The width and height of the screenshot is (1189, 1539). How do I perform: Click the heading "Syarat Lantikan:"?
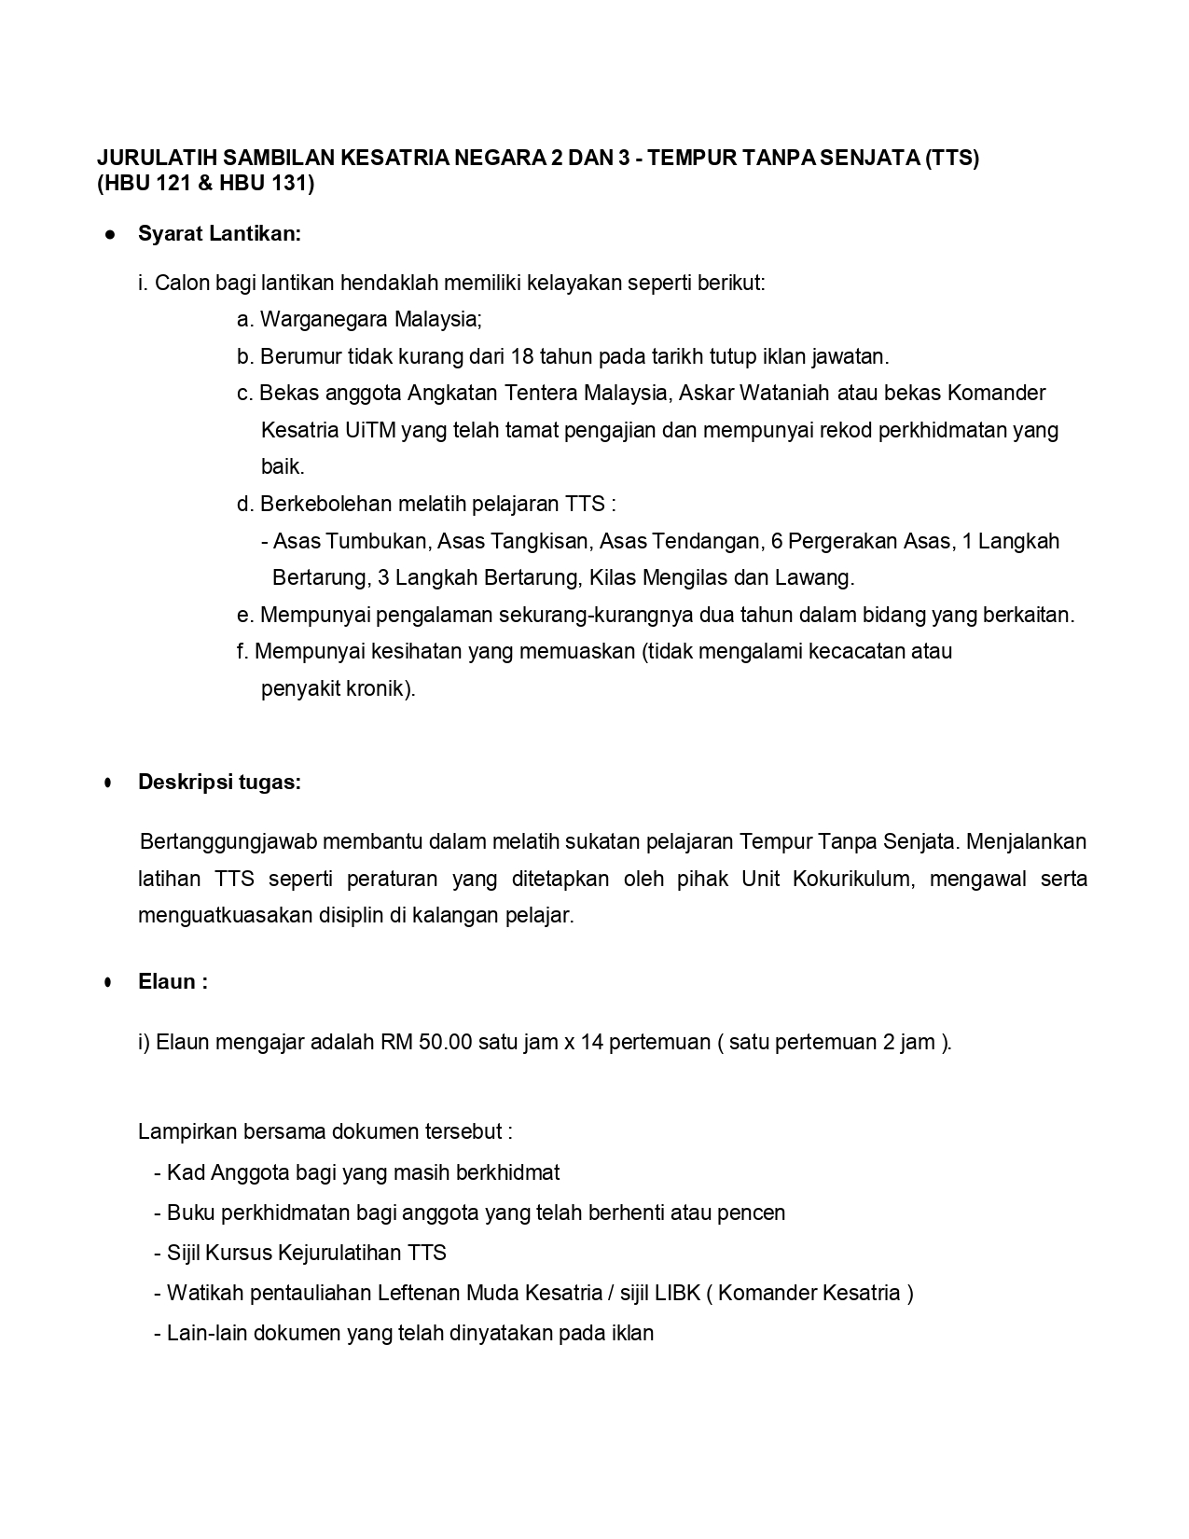coord(219,233)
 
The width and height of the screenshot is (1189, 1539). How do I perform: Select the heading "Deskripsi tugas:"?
coord(219,782)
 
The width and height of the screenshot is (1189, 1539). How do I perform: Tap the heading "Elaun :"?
coord(173,981)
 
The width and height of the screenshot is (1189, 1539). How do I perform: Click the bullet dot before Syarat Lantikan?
coord(110,234)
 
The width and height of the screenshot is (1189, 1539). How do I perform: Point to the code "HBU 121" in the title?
coord(151,184)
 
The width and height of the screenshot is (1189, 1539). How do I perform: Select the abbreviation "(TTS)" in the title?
coord(951,158)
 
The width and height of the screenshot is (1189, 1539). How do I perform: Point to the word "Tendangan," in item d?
coord(706,541)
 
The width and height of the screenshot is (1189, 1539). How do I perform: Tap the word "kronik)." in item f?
coord(380,689)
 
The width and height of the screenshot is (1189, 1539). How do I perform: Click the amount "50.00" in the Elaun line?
coord(446,1041)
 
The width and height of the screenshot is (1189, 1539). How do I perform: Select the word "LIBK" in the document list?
coord(676,1293)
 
